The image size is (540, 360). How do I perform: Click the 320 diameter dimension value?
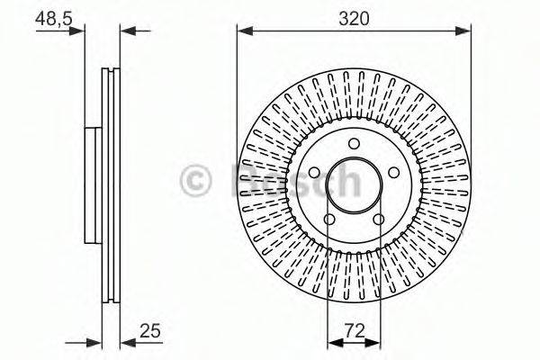point(354,17)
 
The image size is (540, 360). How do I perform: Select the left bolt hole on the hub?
point(314,174)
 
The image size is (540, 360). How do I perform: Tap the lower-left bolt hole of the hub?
point(329,220)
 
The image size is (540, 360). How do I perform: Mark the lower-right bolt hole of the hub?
point(379,220)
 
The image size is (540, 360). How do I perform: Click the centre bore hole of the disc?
point(354,184)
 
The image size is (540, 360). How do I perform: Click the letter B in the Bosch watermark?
point(247,181)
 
